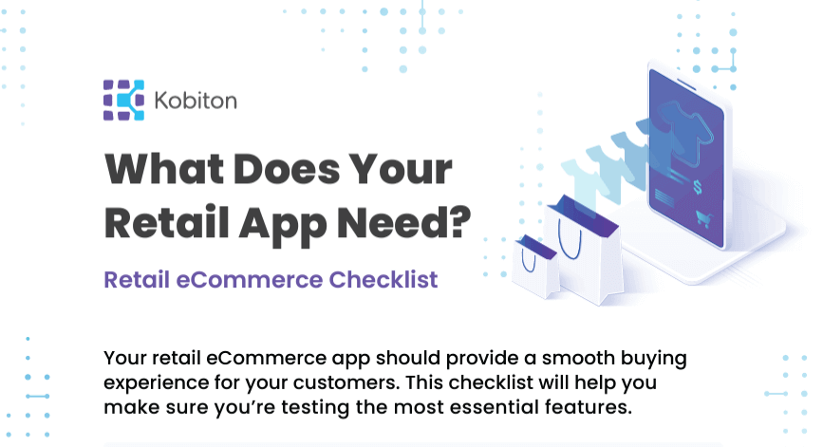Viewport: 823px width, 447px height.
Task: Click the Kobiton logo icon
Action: (x=123, y=100)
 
